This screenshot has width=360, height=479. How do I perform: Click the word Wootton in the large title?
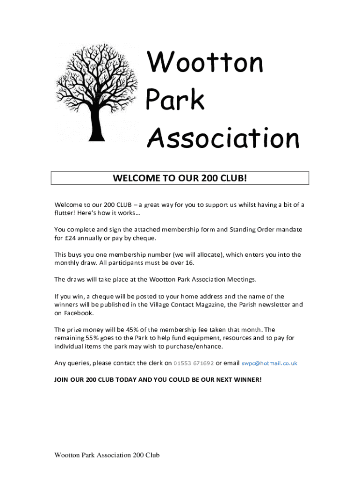coord(205,63)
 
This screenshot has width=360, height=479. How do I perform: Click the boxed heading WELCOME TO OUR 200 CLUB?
coord(180,178)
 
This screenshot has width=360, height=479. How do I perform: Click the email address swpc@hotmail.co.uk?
coord(269,363)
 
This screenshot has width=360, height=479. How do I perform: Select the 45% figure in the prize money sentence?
coord(127,330)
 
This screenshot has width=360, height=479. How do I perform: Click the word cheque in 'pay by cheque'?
coord(144,238)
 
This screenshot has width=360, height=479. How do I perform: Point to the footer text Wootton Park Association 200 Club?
coord(107,455)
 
